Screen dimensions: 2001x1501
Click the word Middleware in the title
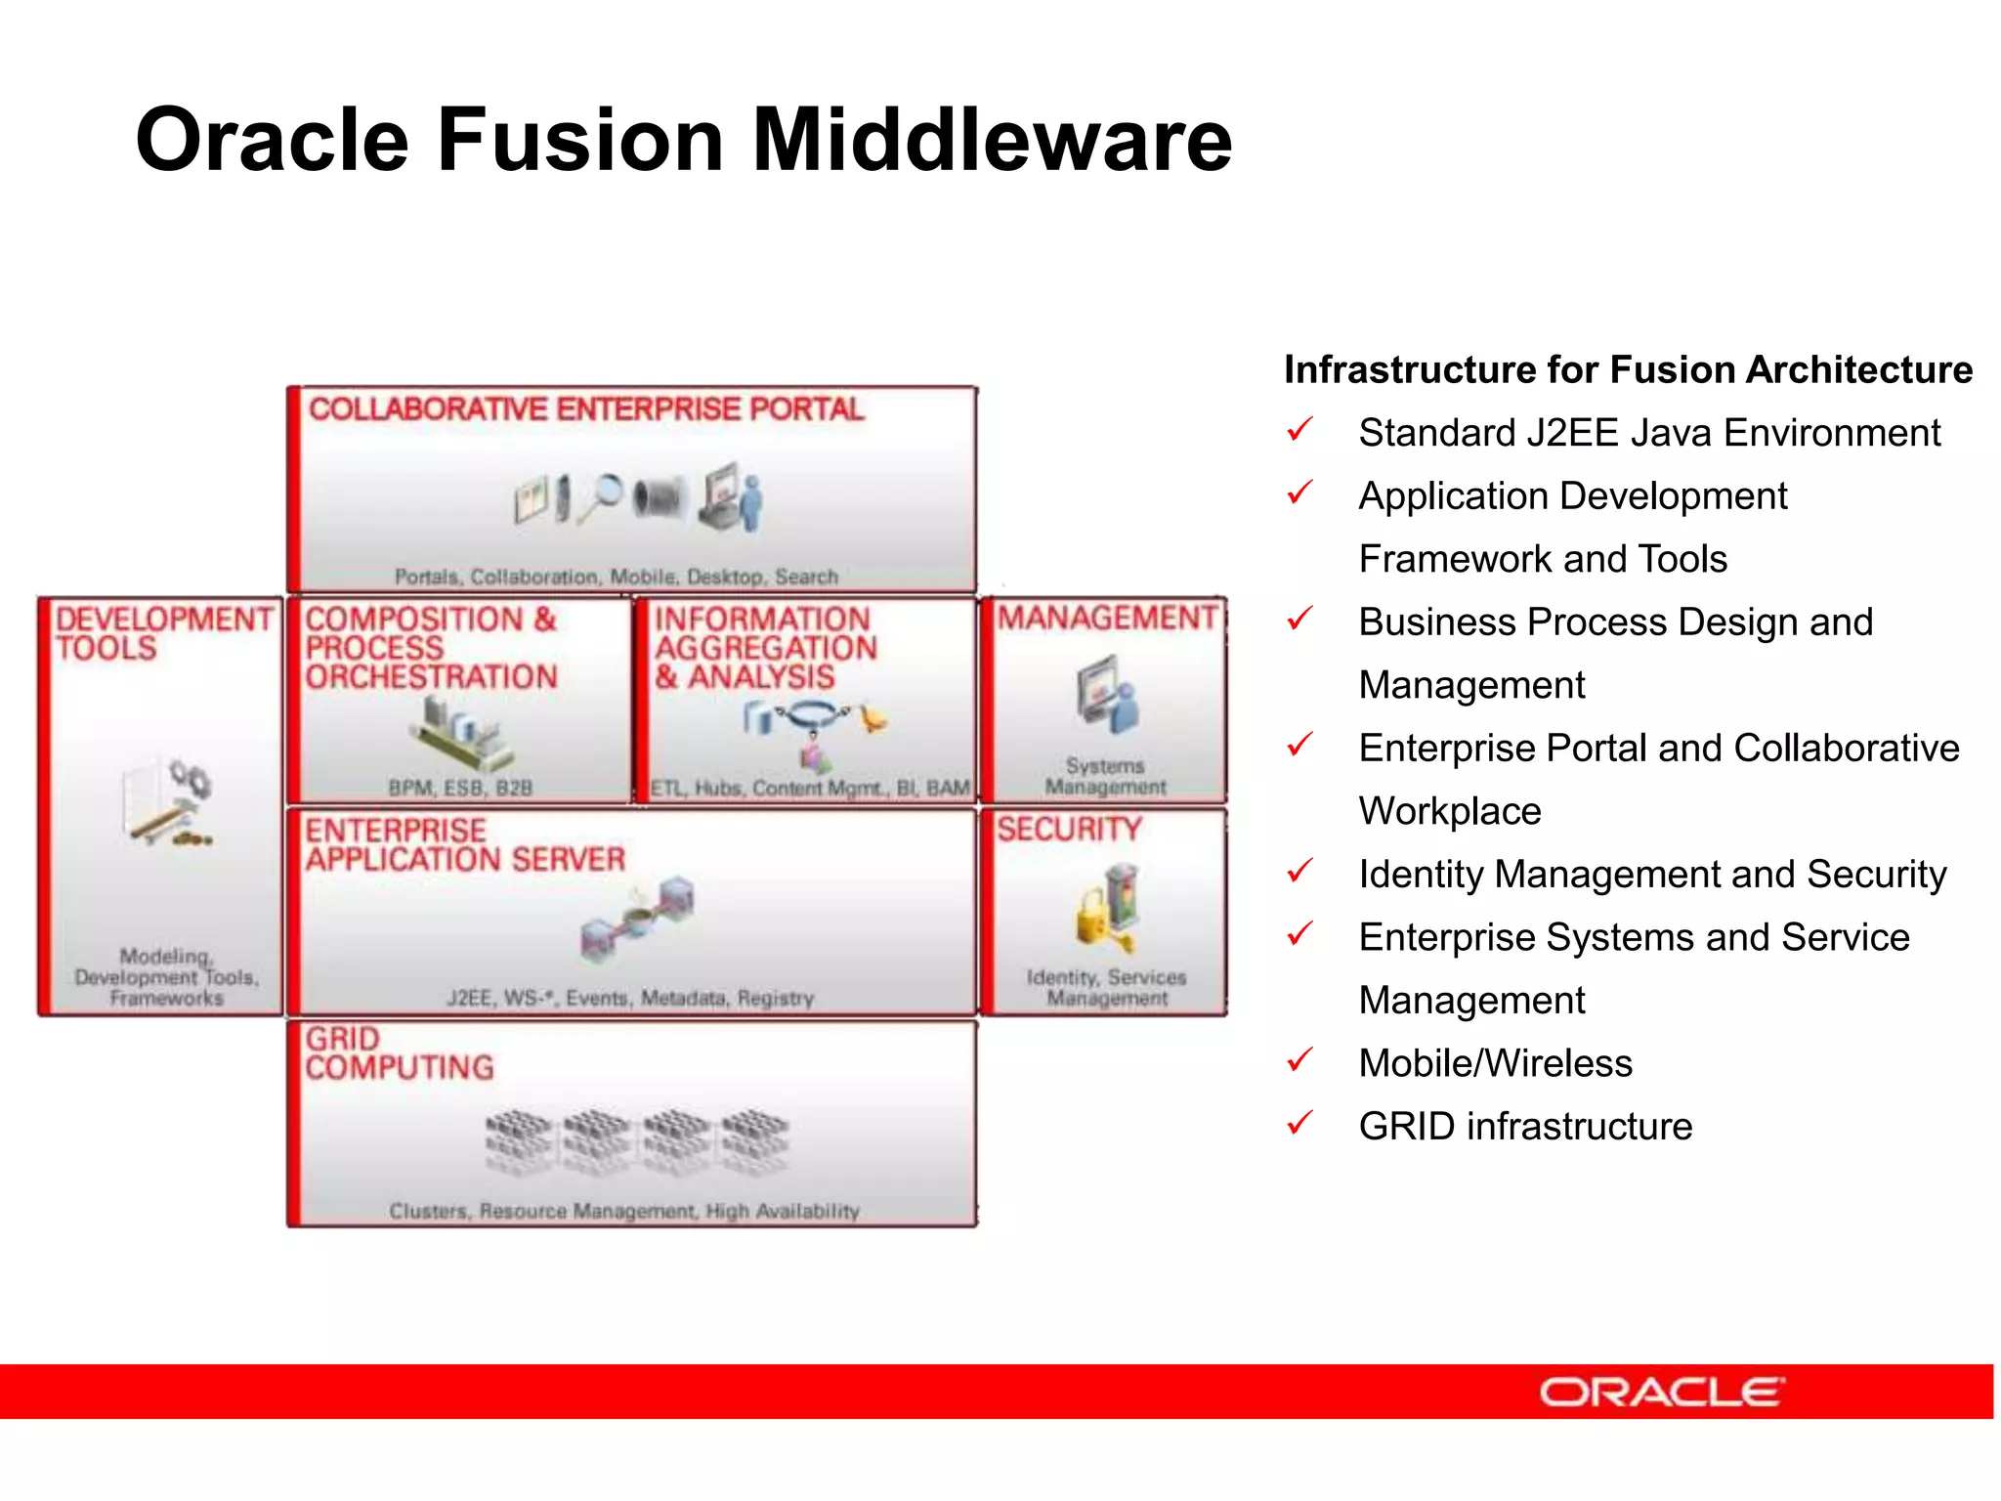click(x=991, y=140)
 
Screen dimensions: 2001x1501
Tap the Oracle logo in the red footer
click(x=1662, y=1392)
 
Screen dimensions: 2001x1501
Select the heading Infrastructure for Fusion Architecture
click(x=1628, y=370)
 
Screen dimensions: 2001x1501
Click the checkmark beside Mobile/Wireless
click(x=1300, y=1059)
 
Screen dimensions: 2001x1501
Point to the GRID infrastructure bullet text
click(x=1525, y=1127)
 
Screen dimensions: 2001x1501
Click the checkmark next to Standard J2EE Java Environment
click(x=1300, y=429)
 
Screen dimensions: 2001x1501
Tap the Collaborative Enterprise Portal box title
click(x=586, y=409)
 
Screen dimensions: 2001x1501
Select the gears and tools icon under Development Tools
click(x=169, y=802)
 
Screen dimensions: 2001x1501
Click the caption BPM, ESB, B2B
click(x=460, y=788)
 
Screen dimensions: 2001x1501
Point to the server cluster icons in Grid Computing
click(x=636, y=1138)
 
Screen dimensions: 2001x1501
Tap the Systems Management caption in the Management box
click(x=1105, y=776)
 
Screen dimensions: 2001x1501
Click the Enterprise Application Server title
click(x=464, y=845)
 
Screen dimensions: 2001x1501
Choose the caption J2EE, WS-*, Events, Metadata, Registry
click(x=630, y=999)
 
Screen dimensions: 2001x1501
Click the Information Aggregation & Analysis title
click(x=765, y=648)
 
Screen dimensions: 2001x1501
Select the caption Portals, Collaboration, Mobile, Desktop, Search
click(x=616, y=577)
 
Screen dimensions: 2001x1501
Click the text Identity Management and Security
click(x=1652, y=875)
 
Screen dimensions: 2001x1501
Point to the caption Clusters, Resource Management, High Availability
click(x=624, y=1212)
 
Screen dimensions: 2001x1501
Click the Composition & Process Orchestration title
click(x=431, y=648)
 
